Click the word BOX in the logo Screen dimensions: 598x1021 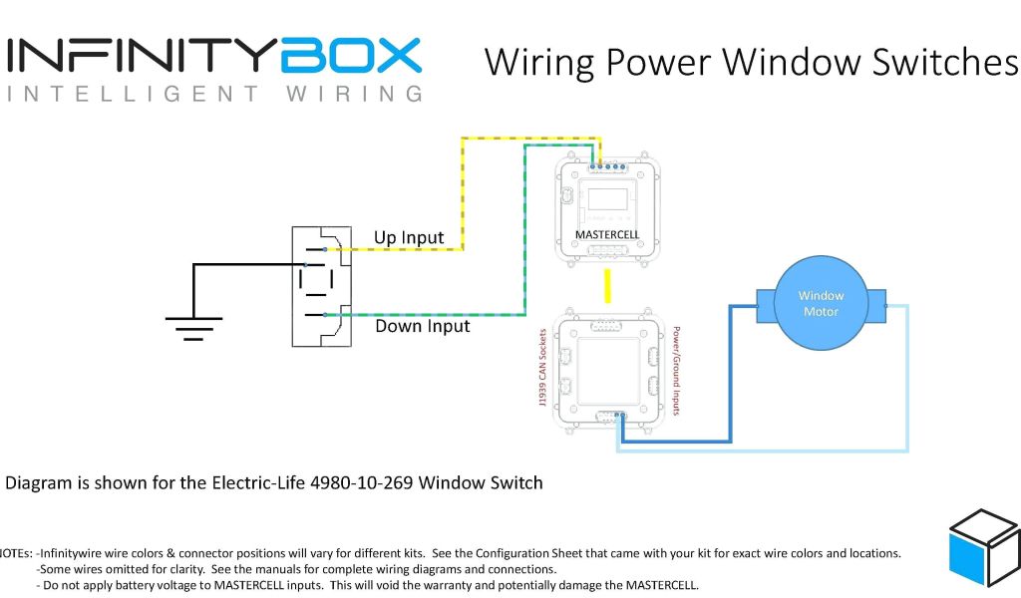point(351,56)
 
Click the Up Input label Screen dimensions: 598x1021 point(409,237)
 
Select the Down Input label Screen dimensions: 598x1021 point(422,326)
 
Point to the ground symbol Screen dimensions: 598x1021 point(193,325)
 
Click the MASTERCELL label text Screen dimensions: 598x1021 point(607,235)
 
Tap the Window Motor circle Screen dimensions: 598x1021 point(821,304)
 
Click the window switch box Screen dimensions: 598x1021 point(321,286)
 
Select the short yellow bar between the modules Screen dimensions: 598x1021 point(607,285)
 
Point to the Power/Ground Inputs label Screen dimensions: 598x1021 point(677,370)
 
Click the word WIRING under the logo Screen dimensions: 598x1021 point(354,95)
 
